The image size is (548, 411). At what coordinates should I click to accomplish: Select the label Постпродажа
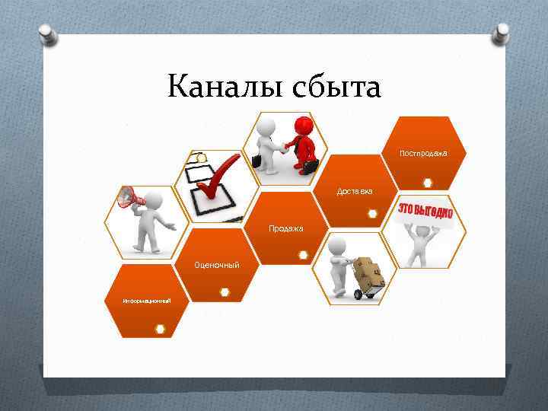423,154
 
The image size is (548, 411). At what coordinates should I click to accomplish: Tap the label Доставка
355,191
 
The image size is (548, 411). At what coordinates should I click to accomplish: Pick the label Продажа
286,228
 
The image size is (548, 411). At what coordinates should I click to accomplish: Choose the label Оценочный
217,265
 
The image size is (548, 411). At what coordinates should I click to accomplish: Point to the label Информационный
147,301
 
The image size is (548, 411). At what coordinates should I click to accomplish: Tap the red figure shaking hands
305,145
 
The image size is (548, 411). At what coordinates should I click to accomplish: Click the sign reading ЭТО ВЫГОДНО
425,211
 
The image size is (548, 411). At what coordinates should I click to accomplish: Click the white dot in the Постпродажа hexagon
429,183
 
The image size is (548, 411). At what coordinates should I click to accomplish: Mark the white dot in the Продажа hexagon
303,255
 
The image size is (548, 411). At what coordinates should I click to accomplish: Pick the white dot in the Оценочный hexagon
225,292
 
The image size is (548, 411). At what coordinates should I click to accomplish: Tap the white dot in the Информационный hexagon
161,329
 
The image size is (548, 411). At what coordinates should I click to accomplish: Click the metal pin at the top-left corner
45,33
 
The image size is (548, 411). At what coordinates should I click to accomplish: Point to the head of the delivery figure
337,245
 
